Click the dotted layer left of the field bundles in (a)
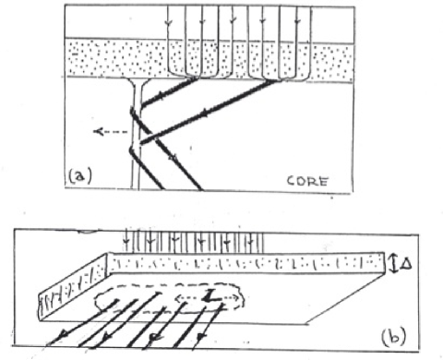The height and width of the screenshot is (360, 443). (111, 57)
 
